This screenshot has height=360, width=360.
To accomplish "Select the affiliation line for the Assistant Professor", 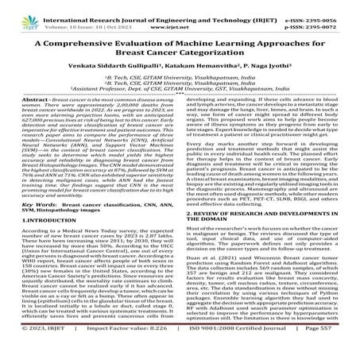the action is coord(180,91).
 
